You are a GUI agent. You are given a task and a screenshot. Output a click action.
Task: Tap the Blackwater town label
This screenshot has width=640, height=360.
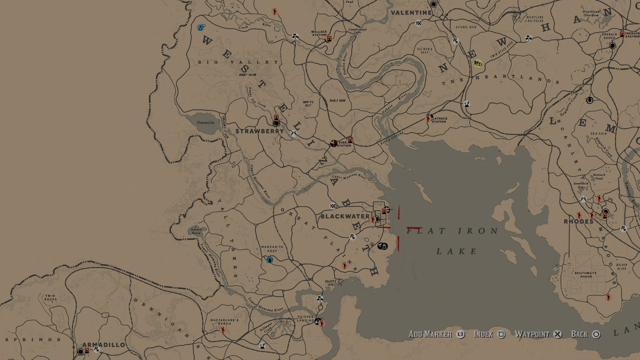pos(344,216)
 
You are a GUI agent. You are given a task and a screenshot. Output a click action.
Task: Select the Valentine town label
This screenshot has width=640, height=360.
pos(411,12)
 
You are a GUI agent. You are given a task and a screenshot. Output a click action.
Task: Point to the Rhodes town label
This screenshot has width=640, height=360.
pos(578,221)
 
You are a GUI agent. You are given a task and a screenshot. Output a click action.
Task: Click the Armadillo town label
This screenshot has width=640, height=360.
pos(103,345)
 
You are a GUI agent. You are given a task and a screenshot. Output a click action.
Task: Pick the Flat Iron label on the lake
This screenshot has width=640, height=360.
pos(452,231)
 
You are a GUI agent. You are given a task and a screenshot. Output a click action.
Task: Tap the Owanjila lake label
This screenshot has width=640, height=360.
pos(205,121)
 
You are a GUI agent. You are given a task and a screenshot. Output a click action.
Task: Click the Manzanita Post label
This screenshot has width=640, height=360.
pos(272,249)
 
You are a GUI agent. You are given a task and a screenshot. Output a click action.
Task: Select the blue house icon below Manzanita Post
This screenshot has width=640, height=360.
pos(270,259)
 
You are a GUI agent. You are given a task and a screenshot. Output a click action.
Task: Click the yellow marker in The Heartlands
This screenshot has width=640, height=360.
pos(477,63)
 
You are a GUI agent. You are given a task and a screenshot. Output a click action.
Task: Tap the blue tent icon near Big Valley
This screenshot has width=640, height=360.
pos(200,27)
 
